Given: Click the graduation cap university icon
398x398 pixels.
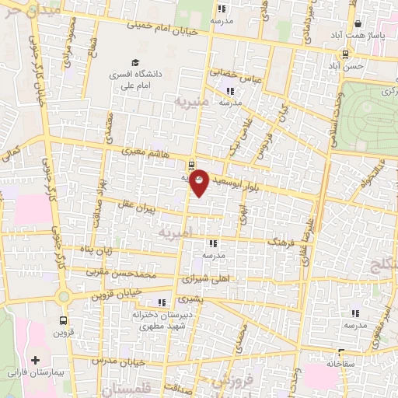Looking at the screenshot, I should click(136, 62).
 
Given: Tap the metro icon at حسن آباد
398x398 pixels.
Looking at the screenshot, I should click(344, 54).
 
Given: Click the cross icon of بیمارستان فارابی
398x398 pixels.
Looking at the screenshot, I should click(35, 361).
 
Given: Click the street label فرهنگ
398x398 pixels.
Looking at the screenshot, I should click(281, 243).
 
